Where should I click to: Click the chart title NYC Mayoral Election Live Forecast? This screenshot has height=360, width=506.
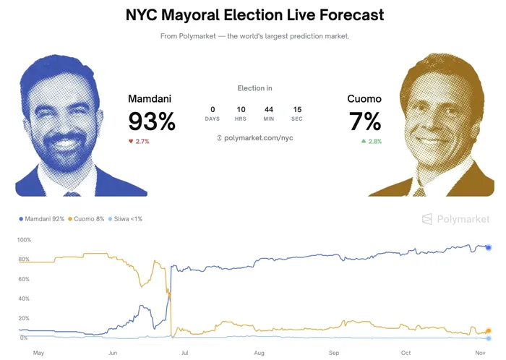tap(254, 14)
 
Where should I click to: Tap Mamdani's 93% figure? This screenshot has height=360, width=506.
tap(152, 121)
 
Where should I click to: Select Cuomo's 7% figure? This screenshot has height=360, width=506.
tap(365, 121)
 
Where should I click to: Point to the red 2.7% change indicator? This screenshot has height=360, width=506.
tap(139, 142)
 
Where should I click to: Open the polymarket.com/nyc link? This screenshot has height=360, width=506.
tap(254, 137)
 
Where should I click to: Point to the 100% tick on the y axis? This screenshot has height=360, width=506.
tap(24, 239)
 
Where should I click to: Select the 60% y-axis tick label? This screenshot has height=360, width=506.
tap(24, 279)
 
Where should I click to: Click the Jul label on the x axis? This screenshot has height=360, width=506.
tap(186, 353)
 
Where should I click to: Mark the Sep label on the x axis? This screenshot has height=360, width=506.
tap(334, 353)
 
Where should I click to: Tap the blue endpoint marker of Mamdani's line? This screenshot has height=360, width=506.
tap(489, 248)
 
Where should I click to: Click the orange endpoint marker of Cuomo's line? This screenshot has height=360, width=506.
tap(489, 330)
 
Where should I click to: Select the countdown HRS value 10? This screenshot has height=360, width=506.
tap(241, 110)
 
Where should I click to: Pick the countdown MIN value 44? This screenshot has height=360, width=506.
tap(269, 110)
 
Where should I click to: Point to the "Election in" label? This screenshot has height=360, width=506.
tap(254, 88)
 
